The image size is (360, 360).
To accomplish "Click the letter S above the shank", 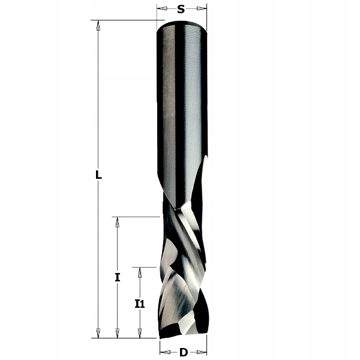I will pos(181,9).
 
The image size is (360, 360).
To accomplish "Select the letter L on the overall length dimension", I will pos(98,176).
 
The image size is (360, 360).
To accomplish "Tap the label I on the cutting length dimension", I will pos(118,277).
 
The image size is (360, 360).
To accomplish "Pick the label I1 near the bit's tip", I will pos(140,304).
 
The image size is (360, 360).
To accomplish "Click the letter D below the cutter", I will pos(183,352).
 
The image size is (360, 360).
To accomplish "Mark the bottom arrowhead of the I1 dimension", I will pos(140,333).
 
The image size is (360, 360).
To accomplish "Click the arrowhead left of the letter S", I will pos(161,9).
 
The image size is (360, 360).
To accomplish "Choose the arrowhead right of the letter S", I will pos(202,9).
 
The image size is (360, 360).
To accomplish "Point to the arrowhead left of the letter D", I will pos(164,352).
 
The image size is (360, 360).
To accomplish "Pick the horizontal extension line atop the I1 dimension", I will pos(148,268).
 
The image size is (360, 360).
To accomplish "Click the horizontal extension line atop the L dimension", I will pos(126,20).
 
